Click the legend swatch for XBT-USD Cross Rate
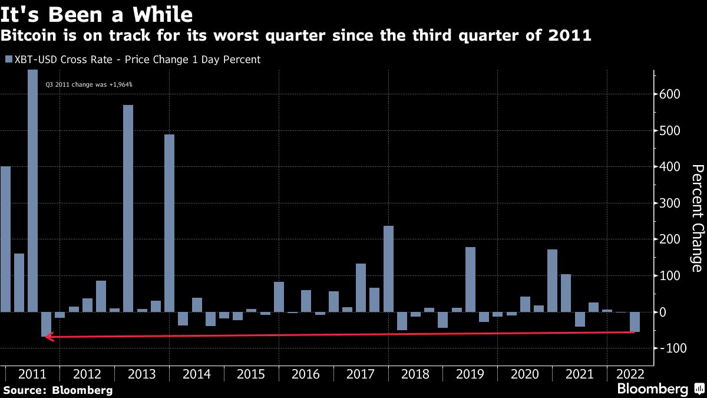point(8,60)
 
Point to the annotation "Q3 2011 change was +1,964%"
point(89,85)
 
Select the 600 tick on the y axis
point(670,94)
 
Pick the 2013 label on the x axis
point(141,374)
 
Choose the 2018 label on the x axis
point(415,374)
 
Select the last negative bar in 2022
point(635,322)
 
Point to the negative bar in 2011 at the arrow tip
point(46,324)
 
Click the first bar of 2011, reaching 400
point(5,239)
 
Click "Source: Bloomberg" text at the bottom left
point(58,390)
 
